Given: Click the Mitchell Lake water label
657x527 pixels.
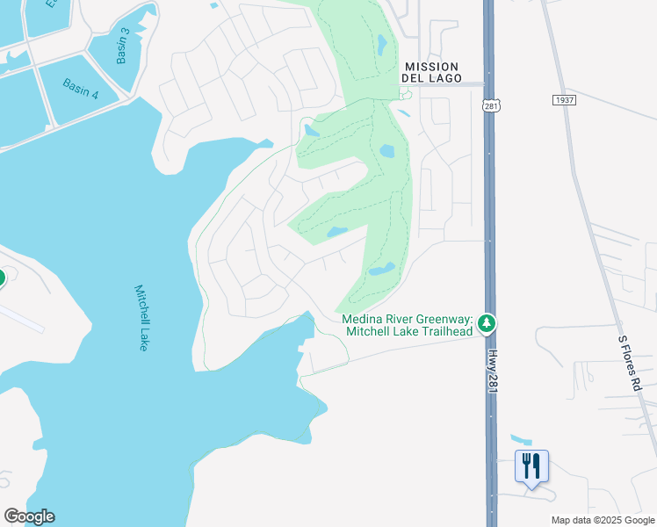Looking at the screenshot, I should click(x=141, y=317).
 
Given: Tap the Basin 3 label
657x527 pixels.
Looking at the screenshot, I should click(x=124, y=46).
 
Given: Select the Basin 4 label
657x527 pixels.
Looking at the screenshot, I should click(x=80, y=89).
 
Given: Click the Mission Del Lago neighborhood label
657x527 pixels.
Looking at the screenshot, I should click(x=431, y=72).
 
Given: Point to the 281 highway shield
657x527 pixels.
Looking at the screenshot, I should click(x=490, y=105).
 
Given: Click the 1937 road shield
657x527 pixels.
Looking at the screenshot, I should click(x=564, y=100).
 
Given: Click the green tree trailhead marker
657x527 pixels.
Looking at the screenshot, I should click(x=487, y=325).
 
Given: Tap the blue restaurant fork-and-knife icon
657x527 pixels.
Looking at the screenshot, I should click(x=531, y=466).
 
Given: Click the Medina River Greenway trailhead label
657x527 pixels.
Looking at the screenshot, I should click(x=408, y=325).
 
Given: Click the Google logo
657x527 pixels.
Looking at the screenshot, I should click(x=29, y=516).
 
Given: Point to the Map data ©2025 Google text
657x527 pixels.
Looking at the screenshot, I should click(x=603, y=520).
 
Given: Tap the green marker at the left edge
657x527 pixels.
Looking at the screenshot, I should click(x=1, y=278).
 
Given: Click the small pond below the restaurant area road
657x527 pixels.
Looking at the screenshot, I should click(x=521, y=438).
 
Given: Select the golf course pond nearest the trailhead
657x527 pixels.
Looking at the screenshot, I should click(x=382, y=270).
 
